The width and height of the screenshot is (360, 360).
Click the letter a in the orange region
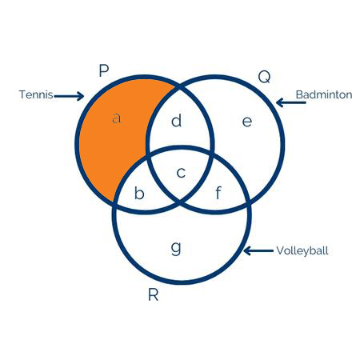[116, 118]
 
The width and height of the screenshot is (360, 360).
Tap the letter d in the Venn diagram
[177, 121]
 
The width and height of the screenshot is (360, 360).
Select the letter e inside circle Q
[247, 122]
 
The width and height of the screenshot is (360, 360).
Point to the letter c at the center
[181, 173]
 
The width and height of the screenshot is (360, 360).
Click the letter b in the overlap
[139, 193]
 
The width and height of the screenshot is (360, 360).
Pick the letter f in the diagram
[218, 193]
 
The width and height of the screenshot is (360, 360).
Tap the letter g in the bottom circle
[176, 248]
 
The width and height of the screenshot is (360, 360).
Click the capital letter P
[104, 70]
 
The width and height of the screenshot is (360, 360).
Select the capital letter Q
[264, 77]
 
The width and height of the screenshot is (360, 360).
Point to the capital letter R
[154, 295]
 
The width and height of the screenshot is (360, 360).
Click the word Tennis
[36, 94]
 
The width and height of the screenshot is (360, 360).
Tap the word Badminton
[324, 94]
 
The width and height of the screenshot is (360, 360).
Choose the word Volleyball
[302, 250]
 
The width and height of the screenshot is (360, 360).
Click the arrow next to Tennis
[70, 96]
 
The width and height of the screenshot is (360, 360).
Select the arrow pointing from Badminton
[290, 102]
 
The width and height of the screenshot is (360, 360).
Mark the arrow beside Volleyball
[258, 250]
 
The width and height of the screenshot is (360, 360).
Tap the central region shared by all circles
[181, 174]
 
